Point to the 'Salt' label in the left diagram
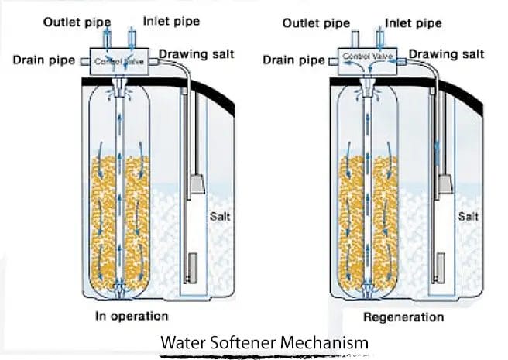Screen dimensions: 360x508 pos(221,216)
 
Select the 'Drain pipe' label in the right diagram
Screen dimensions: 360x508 pos(291,59)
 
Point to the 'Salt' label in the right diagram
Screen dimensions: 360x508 pos(468,216)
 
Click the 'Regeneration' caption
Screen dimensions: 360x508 pos(403,317)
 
